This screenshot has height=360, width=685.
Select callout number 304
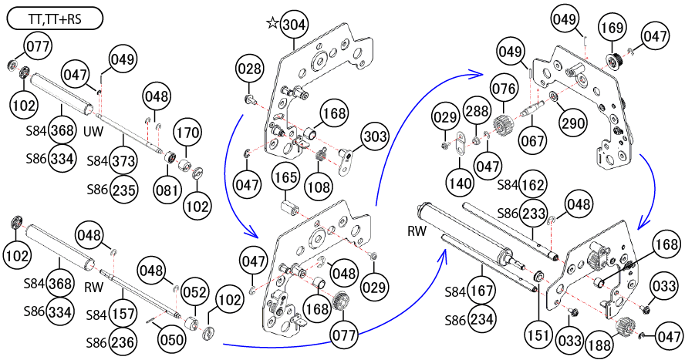pyautogui.click(x=293, y=24)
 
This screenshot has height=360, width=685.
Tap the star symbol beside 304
pyautogui.click(x=272, y=23)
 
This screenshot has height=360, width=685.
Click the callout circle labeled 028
pyautogui.click(x=249, y=70)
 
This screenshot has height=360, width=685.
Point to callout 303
pyautogui.click(x=374, y=138)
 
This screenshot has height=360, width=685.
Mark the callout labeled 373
pyautogui.click(x=124, y=160)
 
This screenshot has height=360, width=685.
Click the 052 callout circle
pyautogui.click(x=195, y=291)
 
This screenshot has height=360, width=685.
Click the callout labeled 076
pyautogui.click(x=504, y=87)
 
